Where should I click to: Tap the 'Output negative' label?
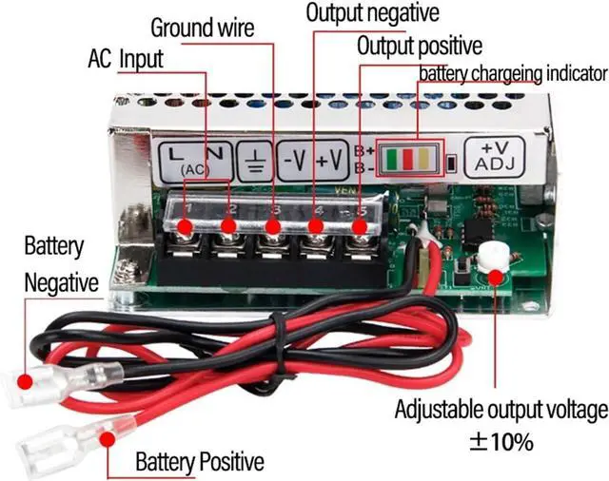(x=372, y=13)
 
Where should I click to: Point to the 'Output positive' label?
(x=419, y=46)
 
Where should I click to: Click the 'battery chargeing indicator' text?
(x=512, y=73)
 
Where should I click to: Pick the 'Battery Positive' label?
(x=199, y=463)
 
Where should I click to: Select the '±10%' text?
(x=500, y=442)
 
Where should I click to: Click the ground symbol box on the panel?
(x=254, y=159)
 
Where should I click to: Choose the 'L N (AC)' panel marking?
(x=194, y=159)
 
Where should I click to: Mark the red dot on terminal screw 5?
(x=360, y=226)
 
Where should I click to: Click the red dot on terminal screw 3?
(x=274, y=226)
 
